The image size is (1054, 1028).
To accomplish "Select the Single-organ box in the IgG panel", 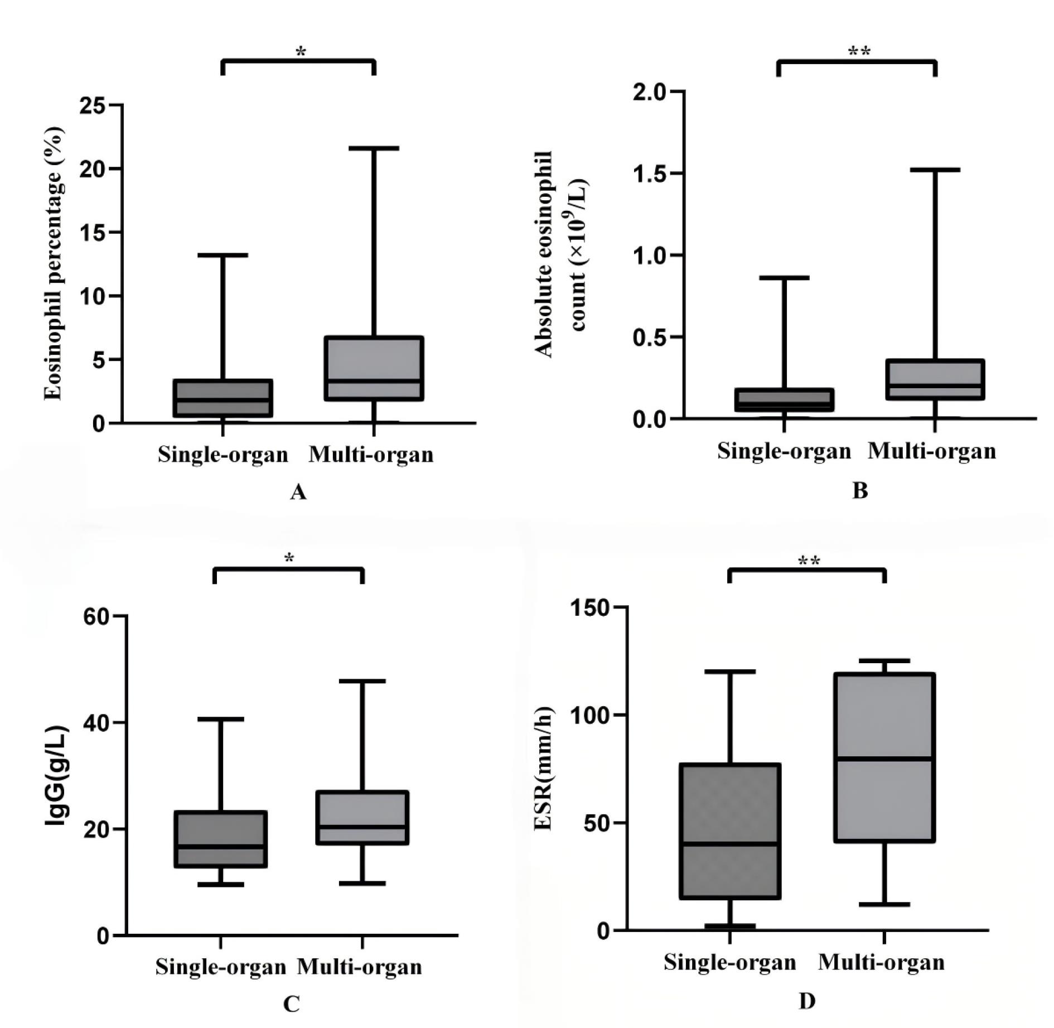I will (x=221, y=838).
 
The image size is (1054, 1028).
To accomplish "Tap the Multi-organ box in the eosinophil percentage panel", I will (x=374, y=368).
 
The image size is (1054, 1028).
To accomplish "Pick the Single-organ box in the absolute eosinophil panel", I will (x=784, y=400).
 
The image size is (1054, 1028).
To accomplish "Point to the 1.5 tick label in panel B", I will (x=651, y=173).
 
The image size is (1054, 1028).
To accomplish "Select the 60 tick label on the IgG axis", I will (x=96, y=616).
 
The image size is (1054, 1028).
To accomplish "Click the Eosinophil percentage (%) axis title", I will (x=54, y=263).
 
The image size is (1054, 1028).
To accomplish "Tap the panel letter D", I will (x=807, y=1001).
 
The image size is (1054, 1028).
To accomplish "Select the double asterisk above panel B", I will (x=859, y=52).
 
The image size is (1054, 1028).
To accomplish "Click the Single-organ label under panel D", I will (x=729, y=962).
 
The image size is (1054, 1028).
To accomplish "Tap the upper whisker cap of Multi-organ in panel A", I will (x=374, y=148).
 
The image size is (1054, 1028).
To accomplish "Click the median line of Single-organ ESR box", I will (x=729, y=843).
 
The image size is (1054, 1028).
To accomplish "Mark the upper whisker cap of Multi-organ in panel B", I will (x=935, y=170).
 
